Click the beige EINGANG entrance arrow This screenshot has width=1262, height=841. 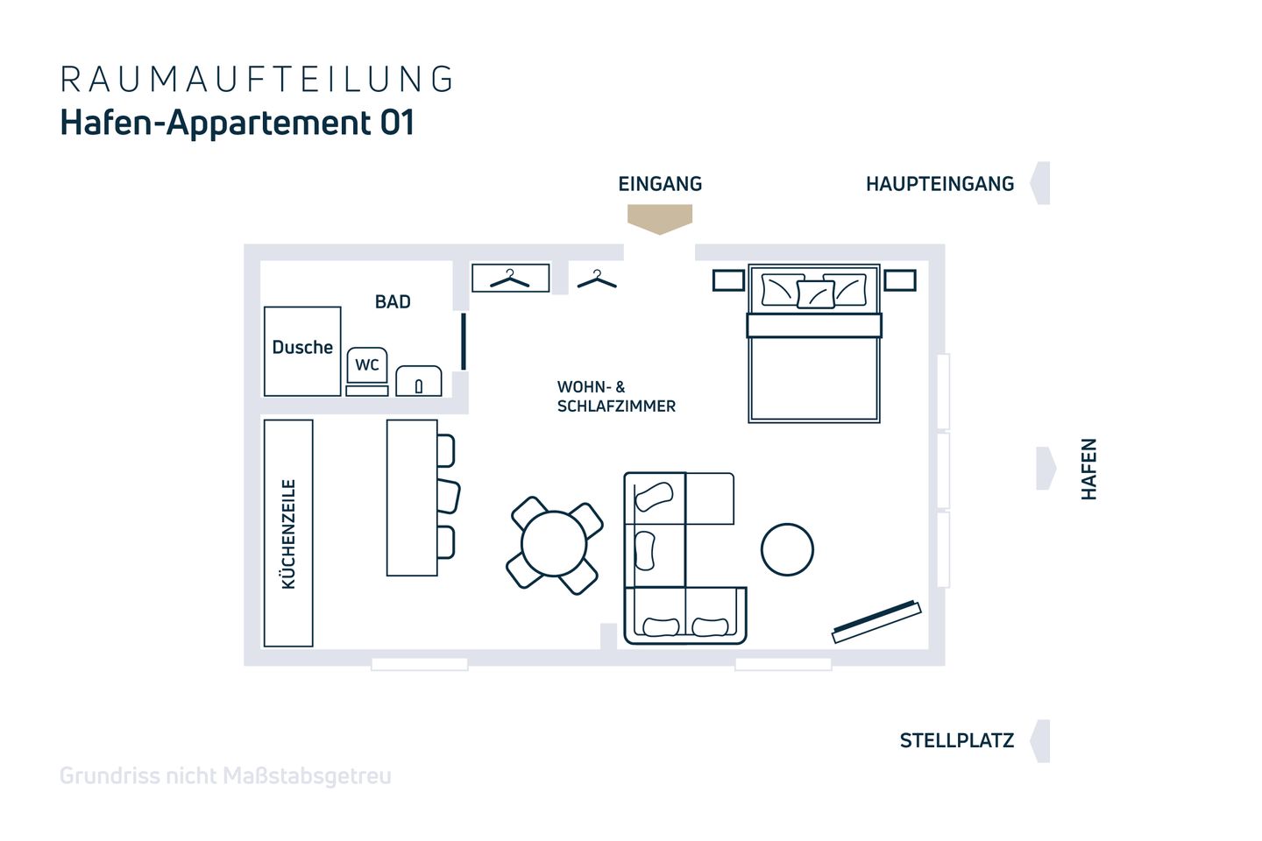(x=660, y=218)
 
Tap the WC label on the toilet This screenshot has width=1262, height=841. (x=366, y=365)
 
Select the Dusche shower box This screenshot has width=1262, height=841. (x=302, y=351)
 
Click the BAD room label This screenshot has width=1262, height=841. (x=393, y=302)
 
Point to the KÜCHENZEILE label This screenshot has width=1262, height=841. (x=288, y=534)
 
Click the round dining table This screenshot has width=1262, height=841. (x=554, y=544)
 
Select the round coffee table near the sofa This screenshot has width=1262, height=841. (x=787, y=549)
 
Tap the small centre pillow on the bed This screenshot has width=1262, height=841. (x=815, y=294)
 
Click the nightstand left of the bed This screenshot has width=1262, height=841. (x=728, y=280)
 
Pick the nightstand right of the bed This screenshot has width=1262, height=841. (x=900, y=280)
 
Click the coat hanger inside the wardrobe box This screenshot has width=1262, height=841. (x=510, y=279)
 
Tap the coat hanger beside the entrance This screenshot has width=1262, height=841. (x=597, y=279)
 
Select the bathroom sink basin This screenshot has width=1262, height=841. (x=419, y=381)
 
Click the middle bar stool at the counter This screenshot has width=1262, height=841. (x=449, y=496)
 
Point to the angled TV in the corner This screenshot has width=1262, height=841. (x=876, y=621)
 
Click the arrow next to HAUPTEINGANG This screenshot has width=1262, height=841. (x=1040, y=183)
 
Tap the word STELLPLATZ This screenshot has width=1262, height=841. (x=957, y=741)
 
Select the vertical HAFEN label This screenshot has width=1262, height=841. (x=1089, y=469)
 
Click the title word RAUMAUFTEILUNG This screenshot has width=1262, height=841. (x=256, y=79)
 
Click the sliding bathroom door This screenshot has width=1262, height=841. (x=464, y=342)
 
